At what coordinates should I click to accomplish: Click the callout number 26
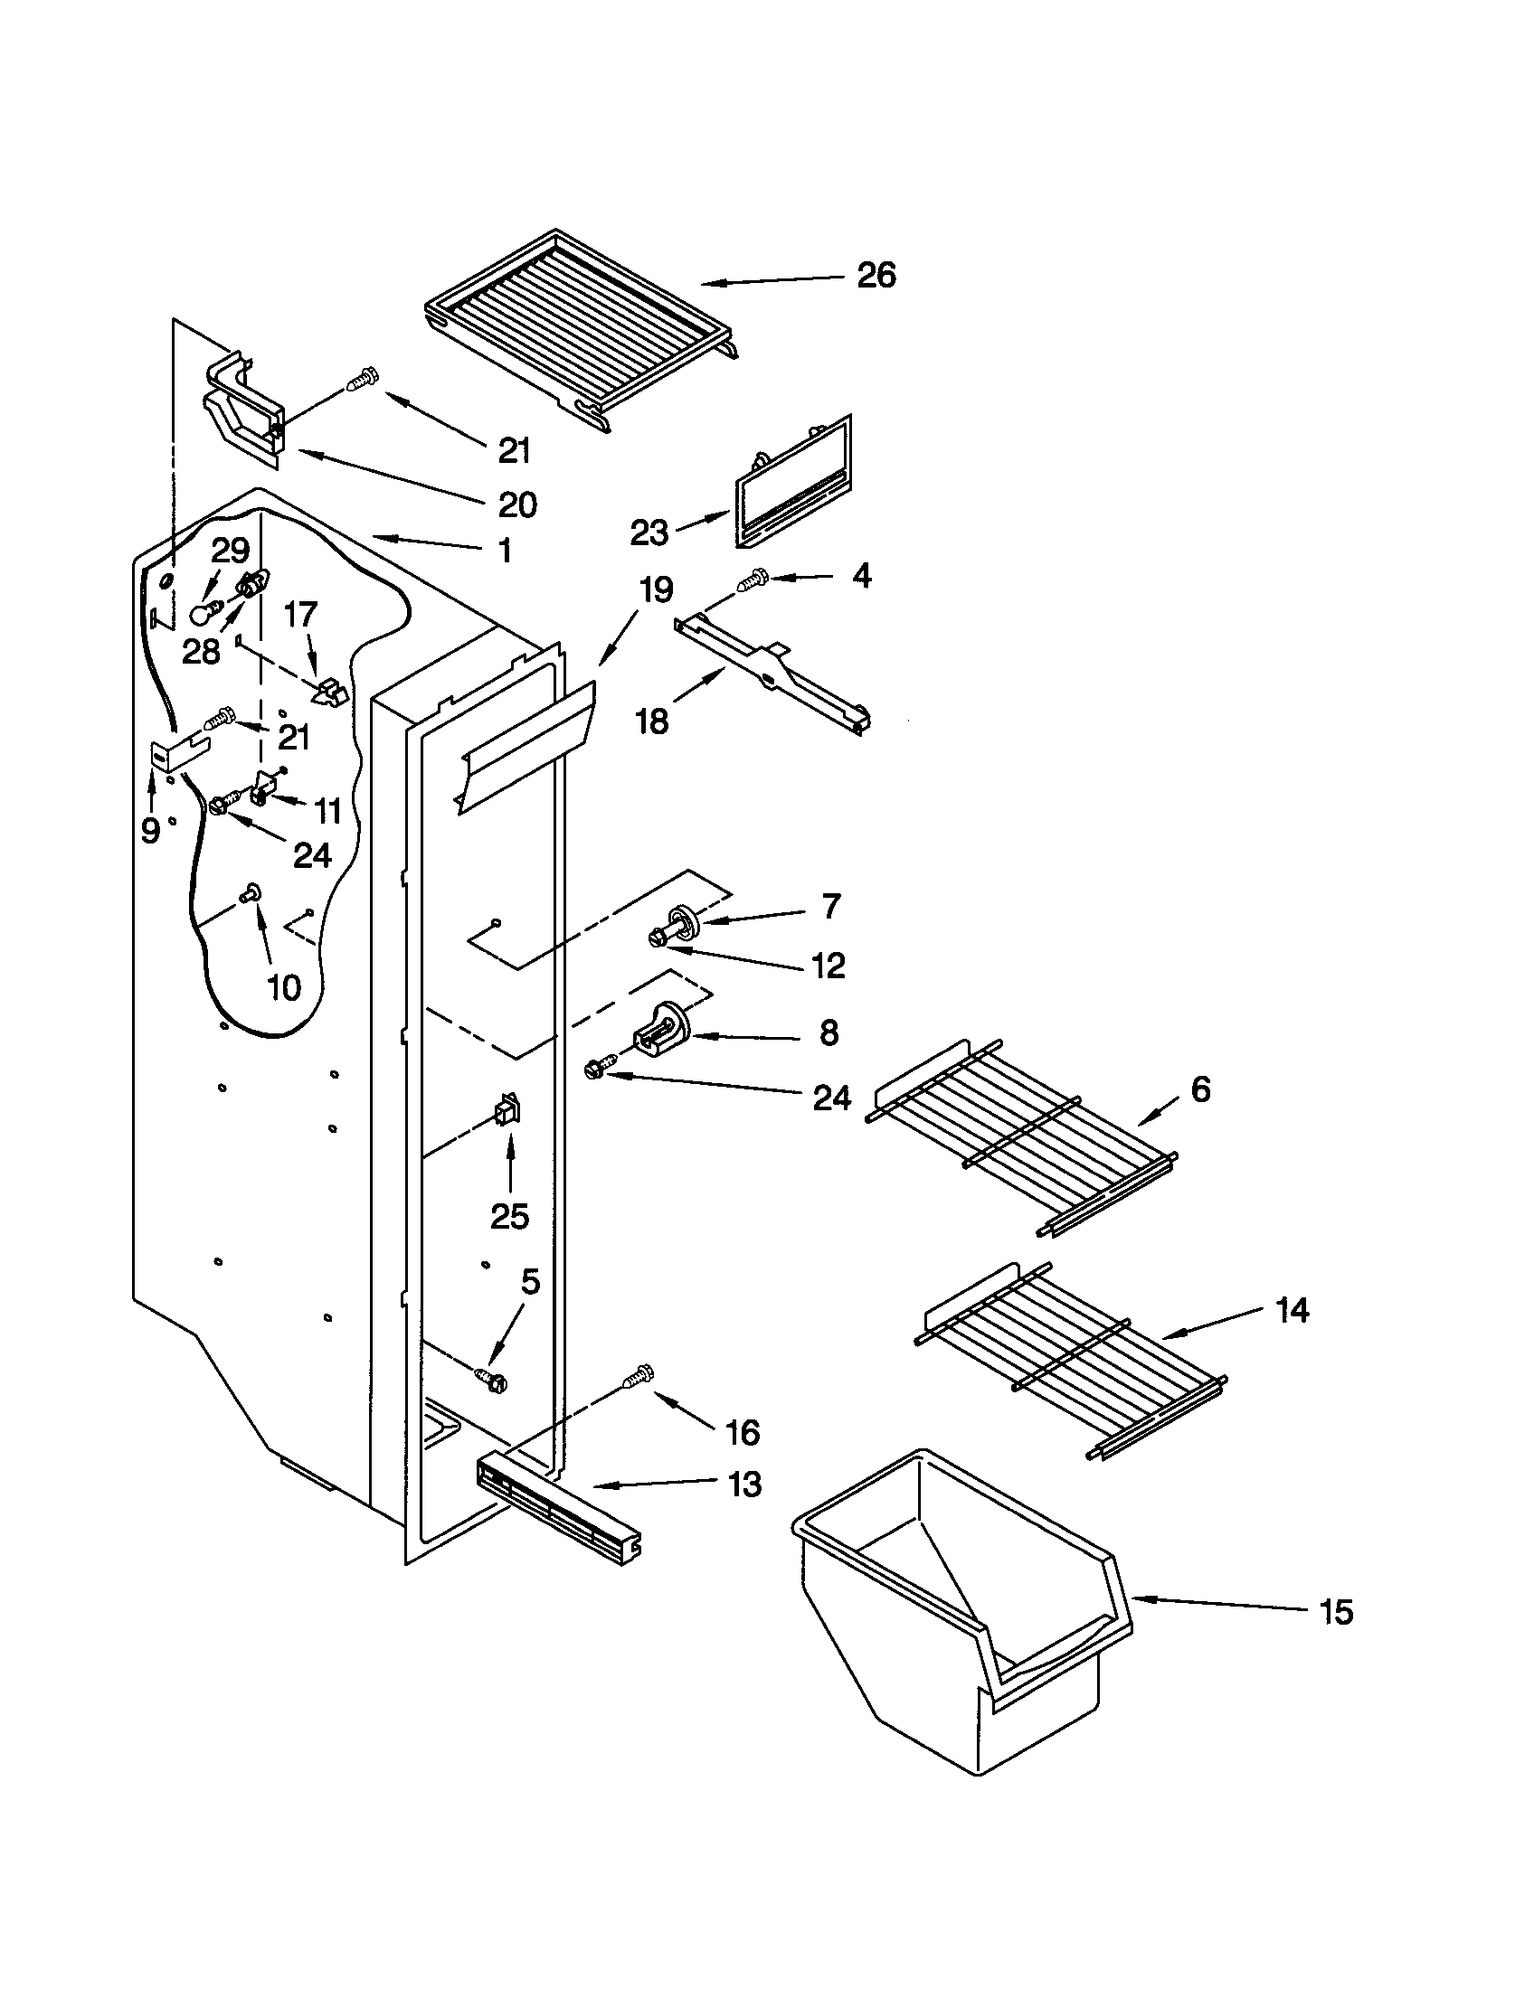[x=876, y=275]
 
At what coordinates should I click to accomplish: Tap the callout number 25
[x=509, y=1216]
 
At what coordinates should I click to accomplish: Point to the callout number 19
[x=655, y=589]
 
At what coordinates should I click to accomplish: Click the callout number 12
[x=828, y=966]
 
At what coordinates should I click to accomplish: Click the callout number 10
[x=284, y=987]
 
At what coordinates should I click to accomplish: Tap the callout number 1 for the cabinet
[x=504, y=550]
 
